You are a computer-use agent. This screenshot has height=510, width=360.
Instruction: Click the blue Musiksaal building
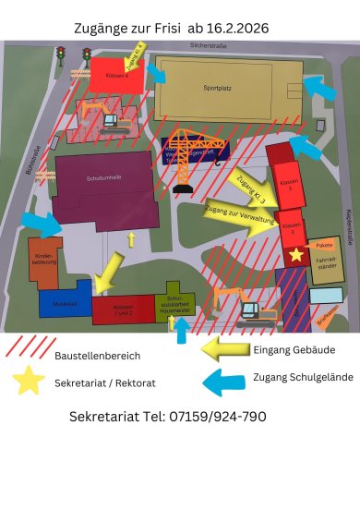[64, 302]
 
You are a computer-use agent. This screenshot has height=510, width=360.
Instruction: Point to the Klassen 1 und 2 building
[123, 309]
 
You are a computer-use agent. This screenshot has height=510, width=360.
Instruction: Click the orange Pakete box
[324, 245]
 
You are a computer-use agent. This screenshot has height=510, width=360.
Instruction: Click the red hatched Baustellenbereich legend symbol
[28, 348]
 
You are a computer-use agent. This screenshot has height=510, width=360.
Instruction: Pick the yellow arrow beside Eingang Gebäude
[224, 348]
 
